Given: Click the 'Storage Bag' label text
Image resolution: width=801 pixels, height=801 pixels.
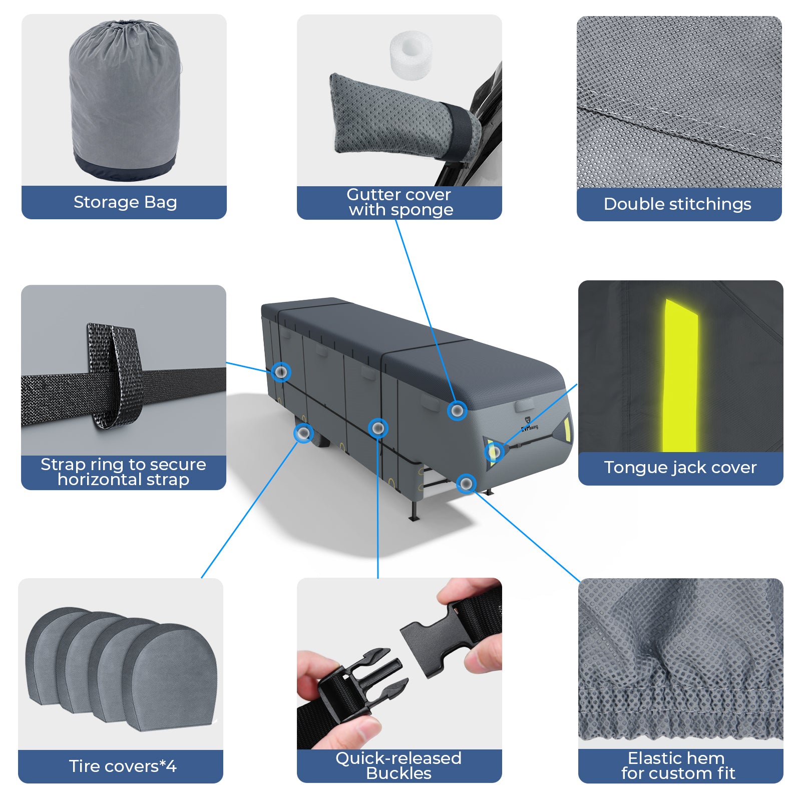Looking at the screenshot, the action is (125, 202).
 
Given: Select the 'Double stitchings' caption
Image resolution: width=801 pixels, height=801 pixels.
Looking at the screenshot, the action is (677, 204).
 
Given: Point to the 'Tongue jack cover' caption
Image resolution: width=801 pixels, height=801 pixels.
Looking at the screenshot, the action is (680, 468).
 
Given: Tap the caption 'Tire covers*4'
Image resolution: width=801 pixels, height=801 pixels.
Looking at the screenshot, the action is (123, 766).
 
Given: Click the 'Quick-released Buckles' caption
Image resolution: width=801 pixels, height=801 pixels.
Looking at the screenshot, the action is (398, 766).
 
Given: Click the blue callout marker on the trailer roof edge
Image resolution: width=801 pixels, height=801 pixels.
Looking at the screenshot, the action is (457, 411).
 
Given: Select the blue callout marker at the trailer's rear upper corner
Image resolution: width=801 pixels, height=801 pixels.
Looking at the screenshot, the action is (281, 372).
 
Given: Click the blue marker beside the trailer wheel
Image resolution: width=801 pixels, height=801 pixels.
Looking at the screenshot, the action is (303, 433).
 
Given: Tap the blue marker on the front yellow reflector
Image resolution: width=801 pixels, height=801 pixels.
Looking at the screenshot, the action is (494, 453).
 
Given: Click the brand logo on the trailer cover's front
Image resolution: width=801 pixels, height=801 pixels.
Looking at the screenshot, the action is (529, 424).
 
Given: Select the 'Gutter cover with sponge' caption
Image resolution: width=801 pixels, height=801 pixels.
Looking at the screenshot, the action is (400, 202).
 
